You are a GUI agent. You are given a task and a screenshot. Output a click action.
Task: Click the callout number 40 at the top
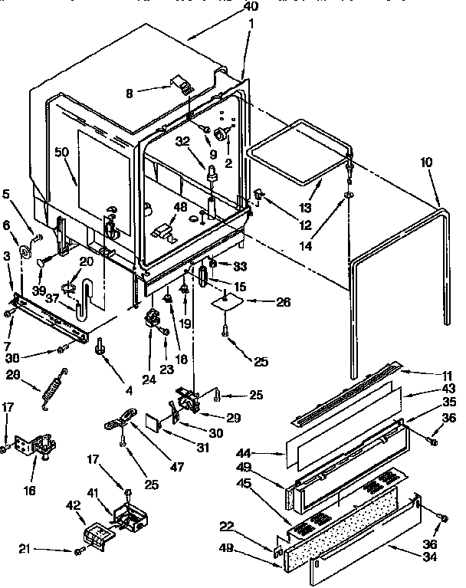[x=249, y=6]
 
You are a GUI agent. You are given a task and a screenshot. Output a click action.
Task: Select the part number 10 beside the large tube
[x=427, y=163]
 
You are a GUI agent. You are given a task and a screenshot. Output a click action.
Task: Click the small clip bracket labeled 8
[x=181, y=84]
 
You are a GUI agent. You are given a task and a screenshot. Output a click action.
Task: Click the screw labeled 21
[x=78, y=551]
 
